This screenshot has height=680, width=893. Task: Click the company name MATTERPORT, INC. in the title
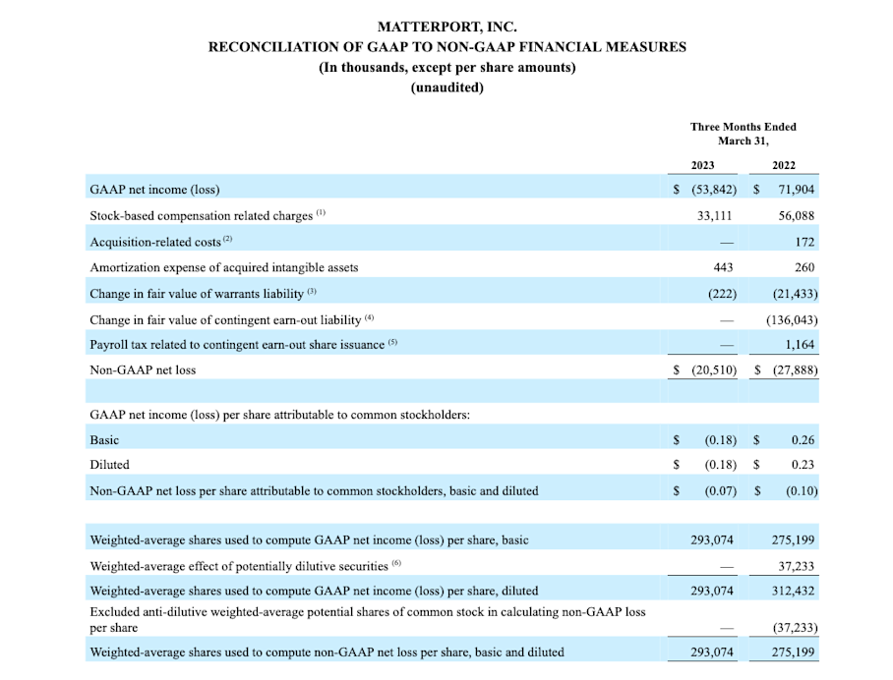pos(447,28)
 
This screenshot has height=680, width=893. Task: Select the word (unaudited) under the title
pos(447,86)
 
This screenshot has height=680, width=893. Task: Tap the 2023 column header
pos(702,165)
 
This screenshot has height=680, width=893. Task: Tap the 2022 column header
pos(784,165)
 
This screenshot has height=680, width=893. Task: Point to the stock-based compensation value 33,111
pos(715,215)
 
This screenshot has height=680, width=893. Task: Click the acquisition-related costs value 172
pos(804,241)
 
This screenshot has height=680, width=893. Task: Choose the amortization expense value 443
pos(722,266)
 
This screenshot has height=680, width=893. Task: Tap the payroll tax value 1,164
pos(800,344)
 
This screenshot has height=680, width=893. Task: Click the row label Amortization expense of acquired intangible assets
pos(224,267)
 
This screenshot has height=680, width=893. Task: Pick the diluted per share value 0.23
pos(803,465)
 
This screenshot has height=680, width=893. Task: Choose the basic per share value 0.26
pos(803,439)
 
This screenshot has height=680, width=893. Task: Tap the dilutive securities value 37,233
pos(796,565)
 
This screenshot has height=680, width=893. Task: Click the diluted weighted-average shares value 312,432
pos(793,591)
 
